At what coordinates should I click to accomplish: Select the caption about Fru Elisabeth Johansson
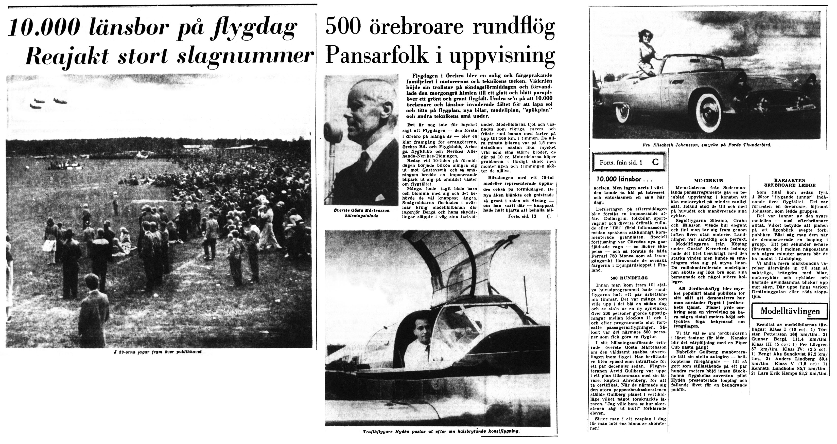point(706,145)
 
